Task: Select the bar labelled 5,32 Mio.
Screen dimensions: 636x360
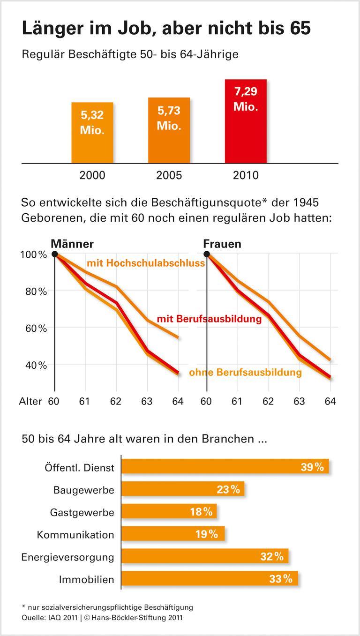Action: [x=92, y=132]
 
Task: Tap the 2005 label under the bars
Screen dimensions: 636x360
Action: [x=169, y=176]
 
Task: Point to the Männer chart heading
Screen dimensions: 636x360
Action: [x=72, y=244]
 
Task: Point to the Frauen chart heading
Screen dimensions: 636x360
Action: [x=222, y=244]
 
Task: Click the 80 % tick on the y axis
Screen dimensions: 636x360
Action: [x=36, y=291]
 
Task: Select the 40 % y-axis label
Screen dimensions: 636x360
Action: [x=36, y=365]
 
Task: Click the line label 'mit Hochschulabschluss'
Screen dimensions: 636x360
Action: [x=146, y=263]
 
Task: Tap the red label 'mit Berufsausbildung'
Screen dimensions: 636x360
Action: [x=209, y=319]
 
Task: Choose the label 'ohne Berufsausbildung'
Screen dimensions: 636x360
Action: [x=245, y=373]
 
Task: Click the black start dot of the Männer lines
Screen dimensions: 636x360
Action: [x=55, y=254]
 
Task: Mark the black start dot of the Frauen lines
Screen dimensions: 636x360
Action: [x=207, y=254]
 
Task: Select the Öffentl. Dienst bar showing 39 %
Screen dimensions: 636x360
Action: [x=225, y=467]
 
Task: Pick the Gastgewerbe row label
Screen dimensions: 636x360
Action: [x=82, y=512]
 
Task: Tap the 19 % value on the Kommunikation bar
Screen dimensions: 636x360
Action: [x=206, y=534]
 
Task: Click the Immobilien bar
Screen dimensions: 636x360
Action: [x=209, y=579]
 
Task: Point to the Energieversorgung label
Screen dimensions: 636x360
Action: [x=67, y=557]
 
